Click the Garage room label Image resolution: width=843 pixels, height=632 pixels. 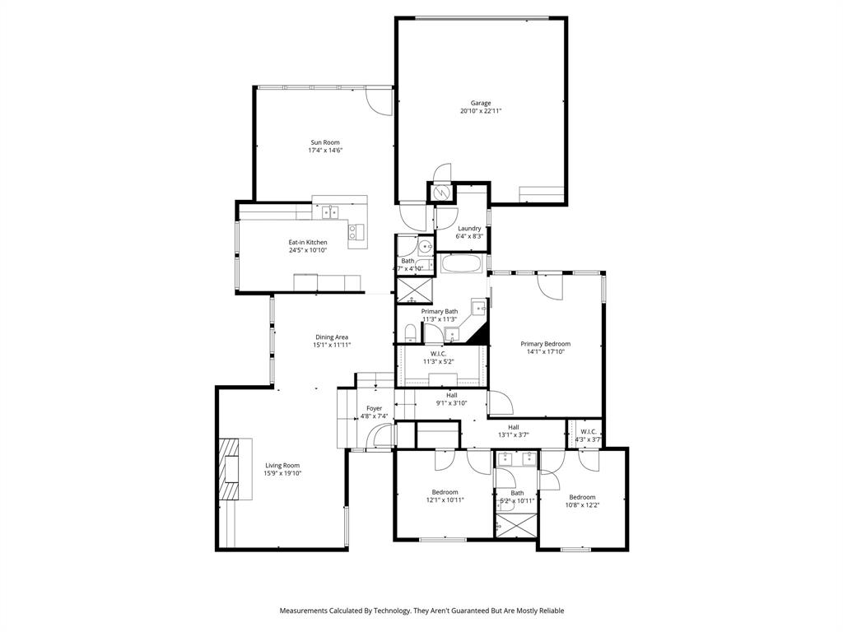(x=481, y=103)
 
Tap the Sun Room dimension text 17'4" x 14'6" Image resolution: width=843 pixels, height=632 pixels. (x=325, y=151)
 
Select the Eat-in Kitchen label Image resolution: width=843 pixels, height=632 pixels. (x=307, y=242)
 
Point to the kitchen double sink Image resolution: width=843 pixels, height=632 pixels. (x=330, y=212)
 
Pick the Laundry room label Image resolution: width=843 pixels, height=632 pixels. (x=469, y=228)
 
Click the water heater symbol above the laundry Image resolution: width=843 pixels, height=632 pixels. (x=441, y=192)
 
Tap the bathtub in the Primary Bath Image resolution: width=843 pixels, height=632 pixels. (x=462, y=264)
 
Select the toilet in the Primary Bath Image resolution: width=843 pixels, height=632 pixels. (x=409, y=332)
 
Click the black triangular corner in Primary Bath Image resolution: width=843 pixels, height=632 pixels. (x=481, y=334)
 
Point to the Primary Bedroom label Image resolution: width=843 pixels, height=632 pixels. (x=545, y=344)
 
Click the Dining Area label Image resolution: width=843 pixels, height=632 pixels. (x=331, y=337)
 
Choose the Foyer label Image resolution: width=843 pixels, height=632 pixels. (x=374, y=408)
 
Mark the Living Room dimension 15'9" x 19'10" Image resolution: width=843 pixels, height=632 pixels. (x=282, y=474)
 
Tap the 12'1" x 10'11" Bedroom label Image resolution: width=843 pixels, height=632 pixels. (x=445, y=500)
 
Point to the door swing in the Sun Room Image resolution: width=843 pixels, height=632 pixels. (x=380, y=101)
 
